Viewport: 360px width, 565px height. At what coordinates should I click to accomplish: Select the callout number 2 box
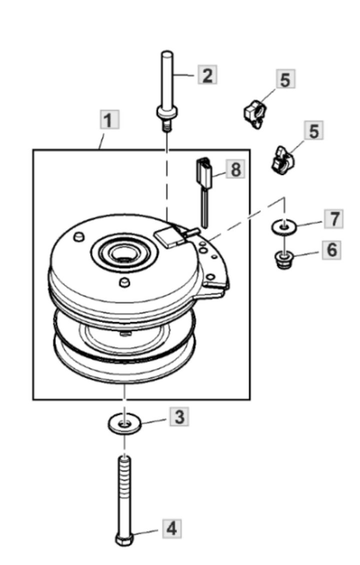(207, 75)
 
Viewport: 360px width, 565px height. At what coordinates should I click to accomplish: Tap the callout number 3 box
(178, 416)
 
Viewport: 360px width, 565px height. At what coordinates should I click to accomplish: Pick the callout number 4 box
(171, 528)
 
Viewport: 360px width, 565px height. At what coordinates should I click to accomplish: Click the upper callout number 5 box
(285, 80)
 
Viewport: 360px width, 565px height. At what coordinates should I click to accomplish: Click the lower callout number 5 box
(313, 131)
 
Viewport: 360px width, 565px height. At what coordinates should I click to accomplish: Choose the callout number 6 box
(332, 248)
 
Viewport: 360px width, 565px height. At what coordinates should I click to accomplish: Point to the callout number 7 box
(333, 218)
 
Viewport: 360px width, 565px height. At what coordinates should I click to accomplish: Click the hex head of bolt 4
(123, 540)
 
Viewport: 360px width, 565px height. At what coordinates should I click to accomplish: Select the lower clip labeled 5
(281, 160)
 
